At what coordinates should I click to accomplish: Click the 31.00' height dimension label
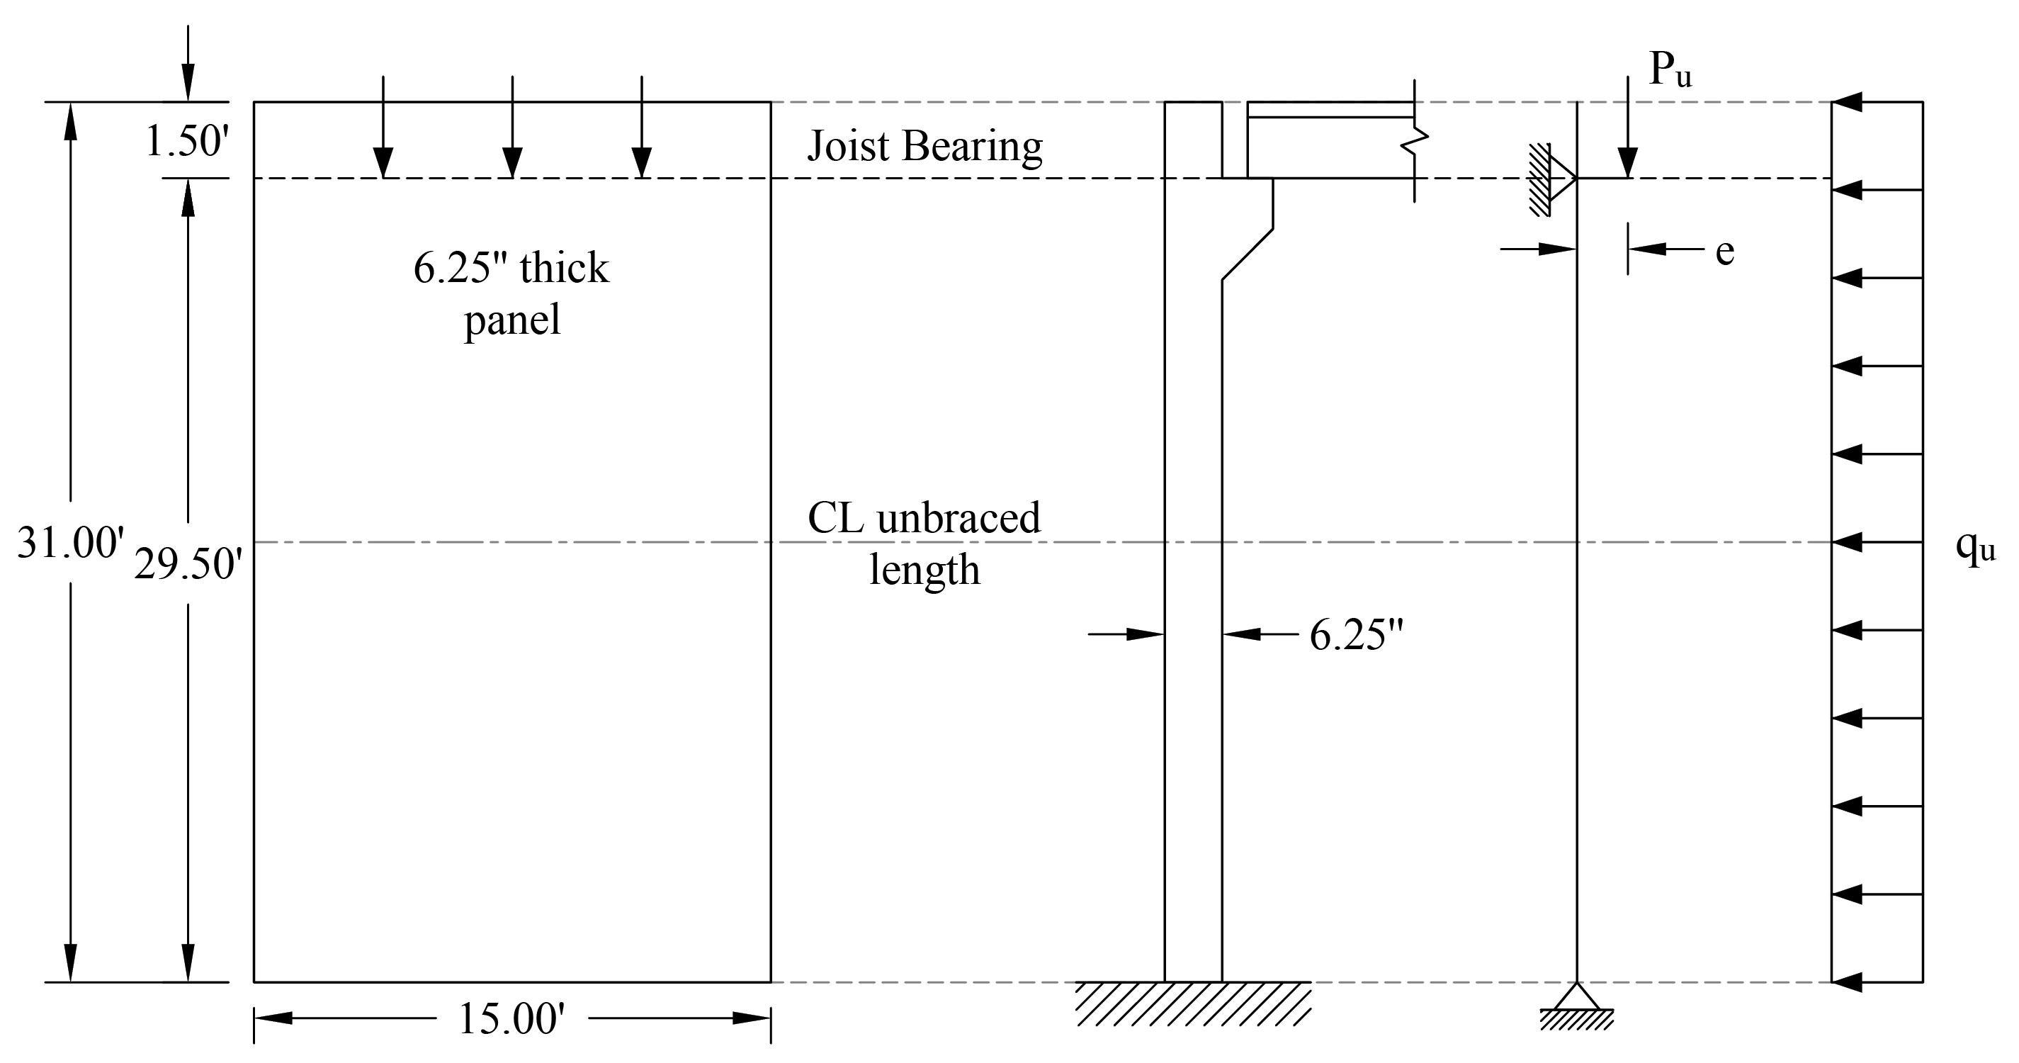click(x=71, y=542)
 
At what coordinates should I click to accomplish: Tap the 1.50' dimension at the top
click(x=186, y=142)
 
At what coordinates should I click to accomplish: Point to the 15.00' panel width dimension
click(x=511, y=1019)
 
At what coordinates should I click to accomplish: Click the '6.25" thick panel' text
click(x=511, y=293)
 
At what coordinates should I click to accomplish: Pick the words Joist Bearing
click(x=925, y=147)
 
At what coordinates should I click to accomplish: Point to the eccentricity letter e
click(x=1725, y=252)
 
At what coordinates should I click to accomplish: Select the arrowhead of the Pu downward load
click(x=1628, y=164)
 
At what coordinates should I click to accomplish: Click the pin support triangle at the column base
click(x=1576, y=996)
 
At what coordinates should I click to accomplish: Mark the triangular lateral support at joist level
click(x=1563, y=179)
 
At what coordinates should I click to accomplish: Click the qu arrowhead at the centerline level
click(x=1847, y=541)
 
